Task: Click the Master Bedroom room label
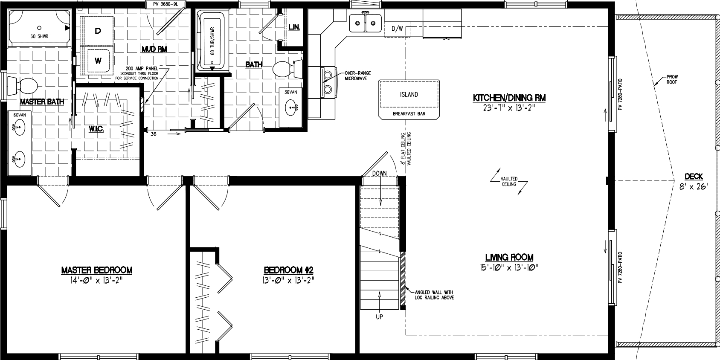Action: click(97, 270)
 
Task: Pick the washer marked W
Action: click(98, 61)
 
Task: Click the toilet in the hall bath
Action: click(285, 69)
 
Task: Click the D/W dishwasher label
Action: click(397, 29)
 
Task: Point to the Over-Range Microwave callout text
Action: click(356, 75)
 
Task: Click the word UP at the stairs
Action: click(379, 316)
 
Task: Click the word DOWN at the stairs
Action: click(379, 173)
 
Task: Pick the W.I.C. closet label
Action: click(97, 129)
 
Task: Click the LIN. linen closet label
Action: click(294, 27)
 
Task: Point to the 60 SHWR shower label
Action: click(39, 36)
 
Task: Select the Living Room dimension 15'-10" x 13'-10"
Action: click(509, 267)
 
